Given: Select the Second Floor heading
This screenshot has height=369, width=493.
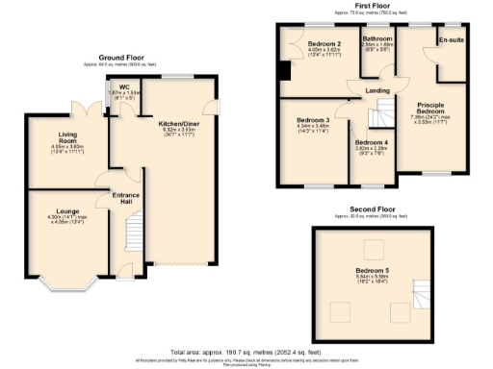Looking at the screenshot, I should [372, 209].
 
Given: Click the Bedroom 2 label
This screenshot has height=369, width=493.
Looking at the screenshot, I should [324, 44].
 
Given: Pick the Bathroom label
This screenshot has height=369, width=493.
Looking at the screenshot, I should [377, 38].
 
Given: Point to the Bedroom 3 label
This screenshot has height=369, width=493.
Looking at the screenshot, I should [314, 120].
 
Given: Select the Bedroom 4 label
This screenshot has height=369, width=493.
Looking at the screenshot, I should [371, 141].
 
